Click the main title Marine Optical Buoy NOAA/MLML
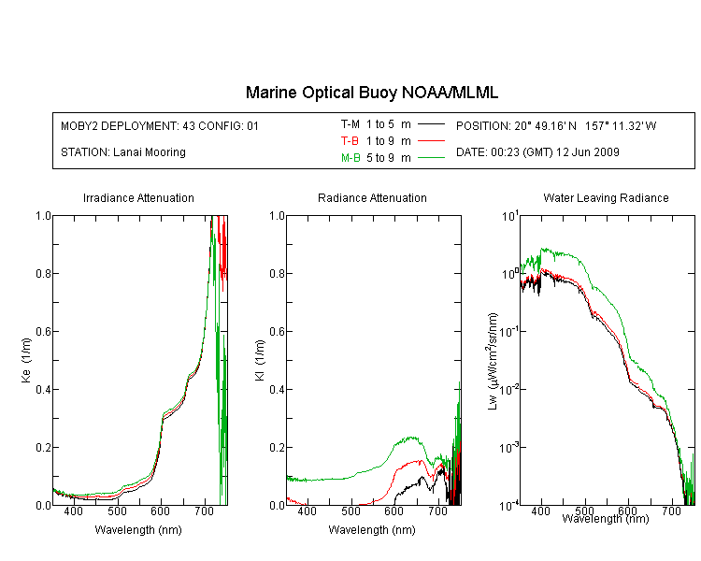tap(371, 93)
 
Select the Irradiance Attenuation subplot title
tap(138, 197)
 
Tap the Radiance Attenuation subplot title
tap(372, 197)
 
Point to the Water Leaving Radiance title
tap(606, 197)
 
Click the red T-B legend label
tap(350, 141)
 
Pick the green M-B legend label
tap(350, 157)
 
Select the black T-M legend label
tap(350, 124)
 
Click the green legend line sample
tap(431, 157)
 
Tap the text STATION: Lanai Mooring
tap(123, 152)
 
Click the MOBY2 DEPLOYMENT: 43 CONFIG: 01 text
tap(160, 125)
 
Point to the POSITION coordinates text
tap(556, 125)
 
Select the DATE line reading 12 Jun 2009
tap(537, 152)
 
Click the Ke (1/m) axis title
tap(26, 360)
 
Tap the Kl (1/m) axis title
tap(260, 360)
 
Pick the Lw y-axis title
tap(493, 361)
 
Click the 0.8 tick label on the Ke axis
tap(43, 273)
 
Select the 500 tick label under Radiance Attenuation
tap(350, 511)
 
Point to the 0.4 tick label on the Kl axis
tap(278, 390)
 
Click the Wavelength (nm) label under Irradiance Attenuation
tap(138, 530)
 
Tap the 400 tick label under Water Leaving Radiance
tap(540, 511)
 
